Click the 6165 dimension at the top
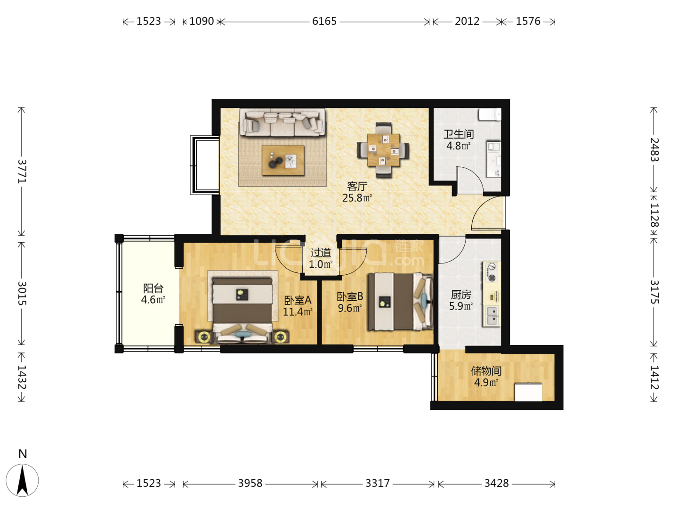point(324,21)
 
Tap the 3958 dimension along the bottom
point(250,483)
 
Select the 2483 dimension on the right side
point(654,149)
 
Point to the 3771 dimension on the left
point(22,172)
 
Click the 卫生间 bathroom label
point(459,134)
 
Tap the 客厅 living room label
point(357,186)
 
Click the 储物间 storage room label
point(486,371)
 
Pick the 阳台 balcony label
point(153,288)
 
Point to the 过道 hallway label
point(321,253)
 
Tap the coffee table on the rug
point(283,160)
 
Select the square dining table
point(383,150)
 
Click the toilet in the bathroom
point(490,115)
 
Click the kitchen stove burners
point(492,272)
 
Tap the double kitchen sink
point(492,316)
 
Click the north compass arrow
point(22,480)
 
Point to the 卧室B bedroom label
point(350,297)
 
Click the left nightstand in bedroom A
point(203,337)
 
